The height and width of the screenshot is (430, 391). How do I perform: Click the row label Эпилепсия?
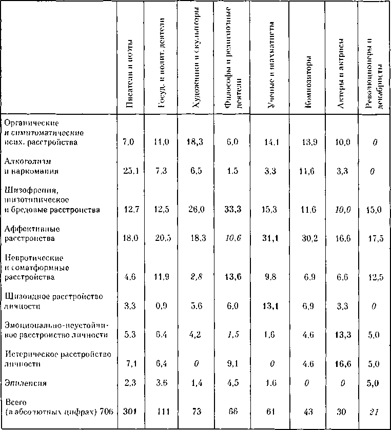pyautogui.click(x=19, y=382)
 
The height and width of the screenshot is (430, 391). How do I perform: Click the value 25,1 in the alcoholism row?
pyautogui.click(x=128, y=171)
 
